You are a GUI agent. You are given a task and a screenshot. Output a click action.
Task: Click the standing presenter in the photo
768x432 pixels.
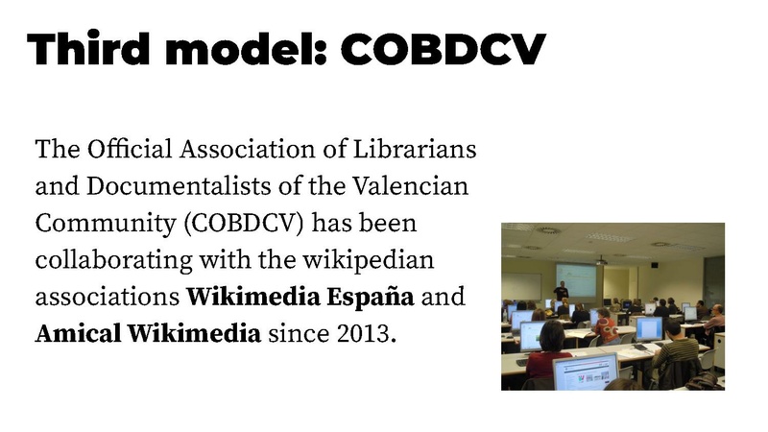point(561,289)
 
